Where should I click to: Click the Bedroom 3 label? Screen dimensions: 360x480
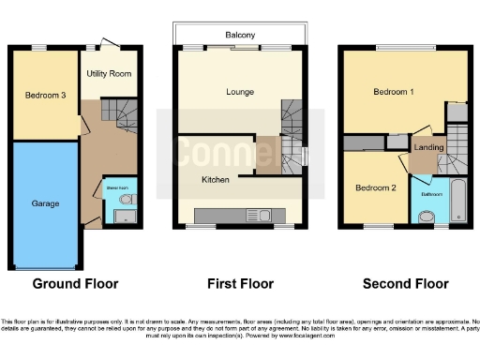44,94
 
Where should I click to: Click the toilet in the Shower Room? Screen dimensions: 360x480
126,200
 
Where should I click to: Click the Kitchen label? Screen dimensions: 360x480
216,177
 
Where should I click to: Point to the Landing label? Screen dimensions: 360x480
428,147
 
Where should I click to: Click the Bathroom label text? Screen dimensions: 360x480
430,194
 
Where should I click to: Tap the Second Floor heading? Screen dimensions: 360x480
405,283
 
